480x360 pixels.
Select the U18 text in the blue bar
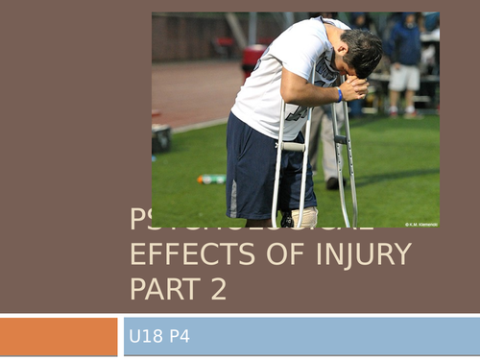tap(145, 336)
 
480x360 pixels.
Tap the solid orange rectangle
tap(59, 336)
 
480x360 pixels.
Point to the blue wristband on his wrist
tap(339, 94)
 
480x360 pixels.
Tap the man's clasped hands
tap(353, 89)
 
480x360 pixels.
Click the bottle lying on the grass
tap(211, 179)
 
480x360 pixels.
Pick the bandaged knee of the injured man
tap(303, 217)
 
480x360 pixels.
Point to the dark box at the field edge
tap(161, 137)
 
